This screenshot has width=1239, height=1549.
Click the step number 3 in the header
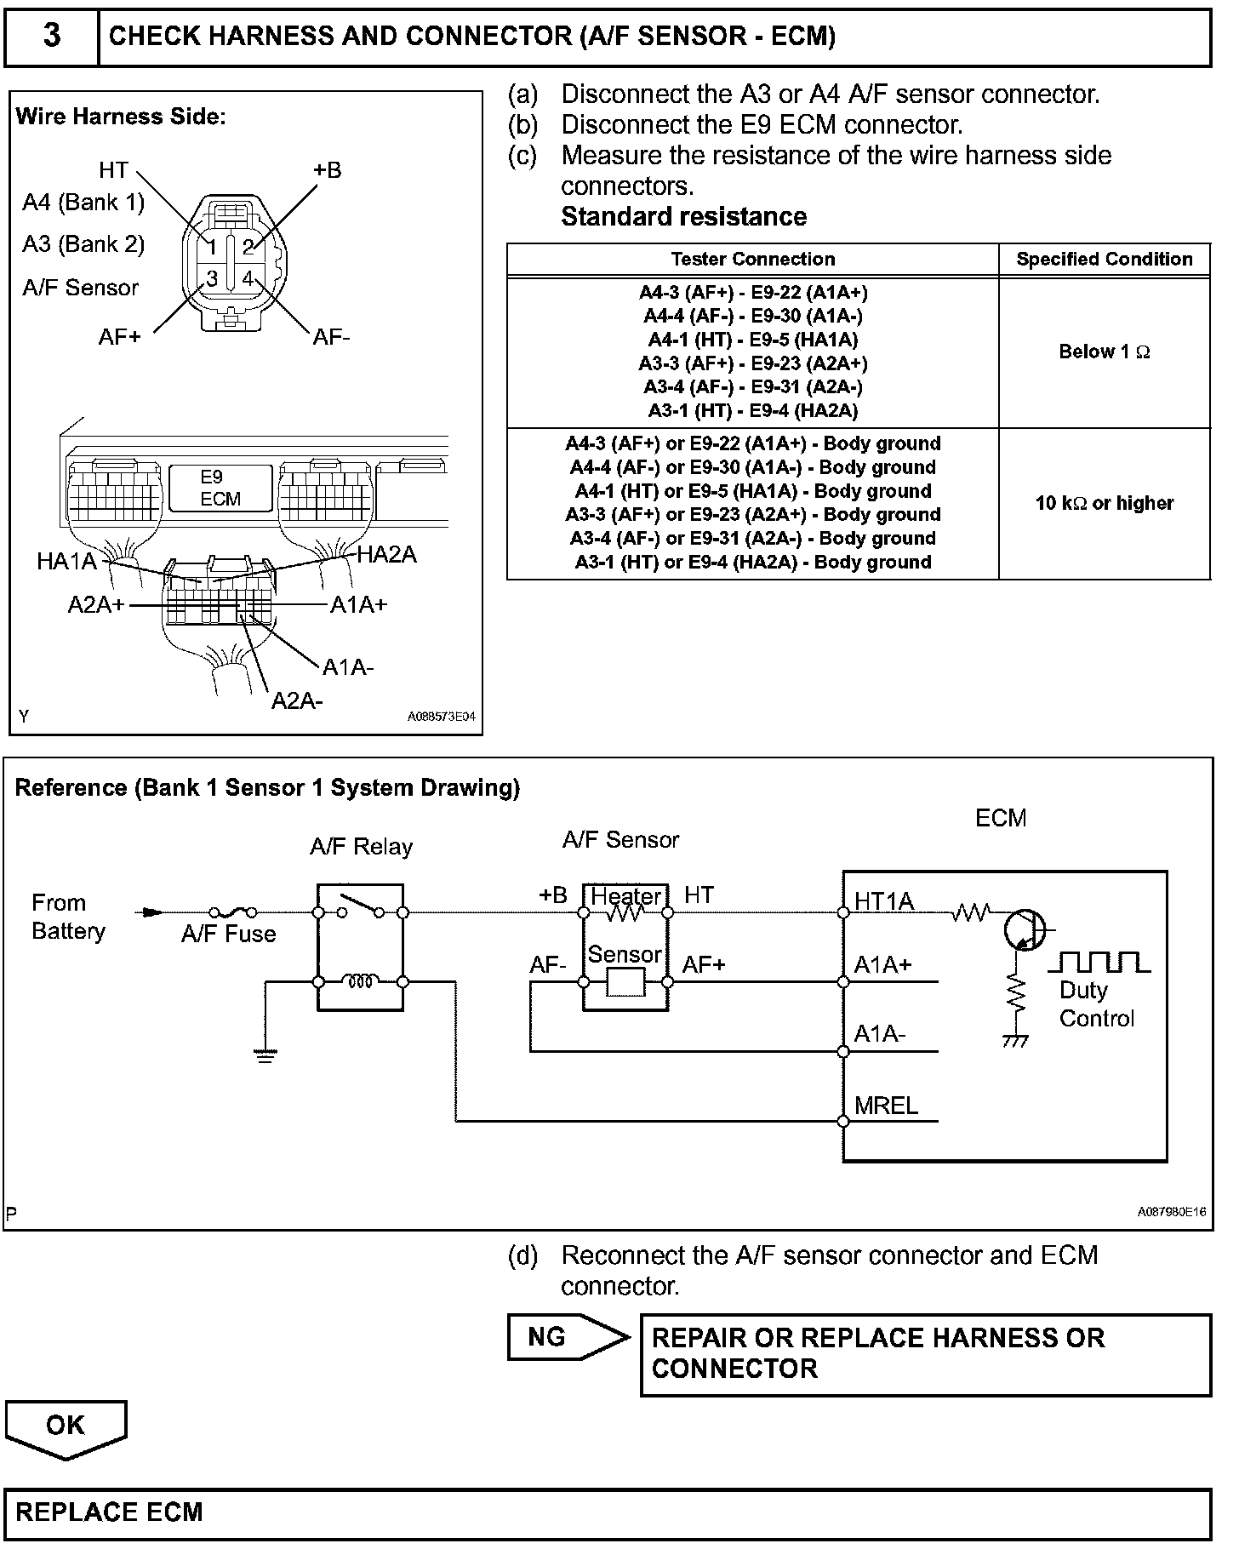tap(51, 37)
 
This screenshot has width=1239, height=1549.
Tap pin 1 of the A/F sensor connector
tap(212, 247)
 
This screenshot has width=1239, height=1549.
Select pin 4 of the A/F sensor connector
tap(248, 278)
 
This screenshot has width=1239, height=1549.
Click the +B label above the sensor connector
tap(327, 170)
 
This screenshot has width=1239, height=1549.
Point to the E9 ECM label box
tap(220, 488)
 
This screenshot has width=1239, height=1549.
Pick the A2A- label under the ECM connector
tap(297, 700)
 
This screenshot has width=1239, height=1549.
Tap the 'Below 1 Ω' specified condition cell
tap(1104, 352)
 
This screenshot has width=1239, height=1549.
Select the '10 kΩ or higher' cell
tap(1104, 503)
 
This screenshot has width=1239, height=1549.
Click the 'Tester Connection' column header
tap(752, 259)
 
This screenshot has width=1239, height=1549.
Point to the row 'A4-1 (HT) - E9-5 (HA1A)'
tap(752, 340)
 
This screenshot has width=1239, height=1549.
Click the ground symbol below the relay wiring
tap(265, 1057)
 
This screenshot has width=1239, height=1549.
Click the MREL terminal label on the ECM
tap(886, 1106)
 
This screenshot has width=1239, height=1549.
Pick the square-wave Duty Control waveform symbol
tap(1099, 963)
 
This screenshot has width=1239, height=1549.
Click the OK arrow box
tap(66, 1427)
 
